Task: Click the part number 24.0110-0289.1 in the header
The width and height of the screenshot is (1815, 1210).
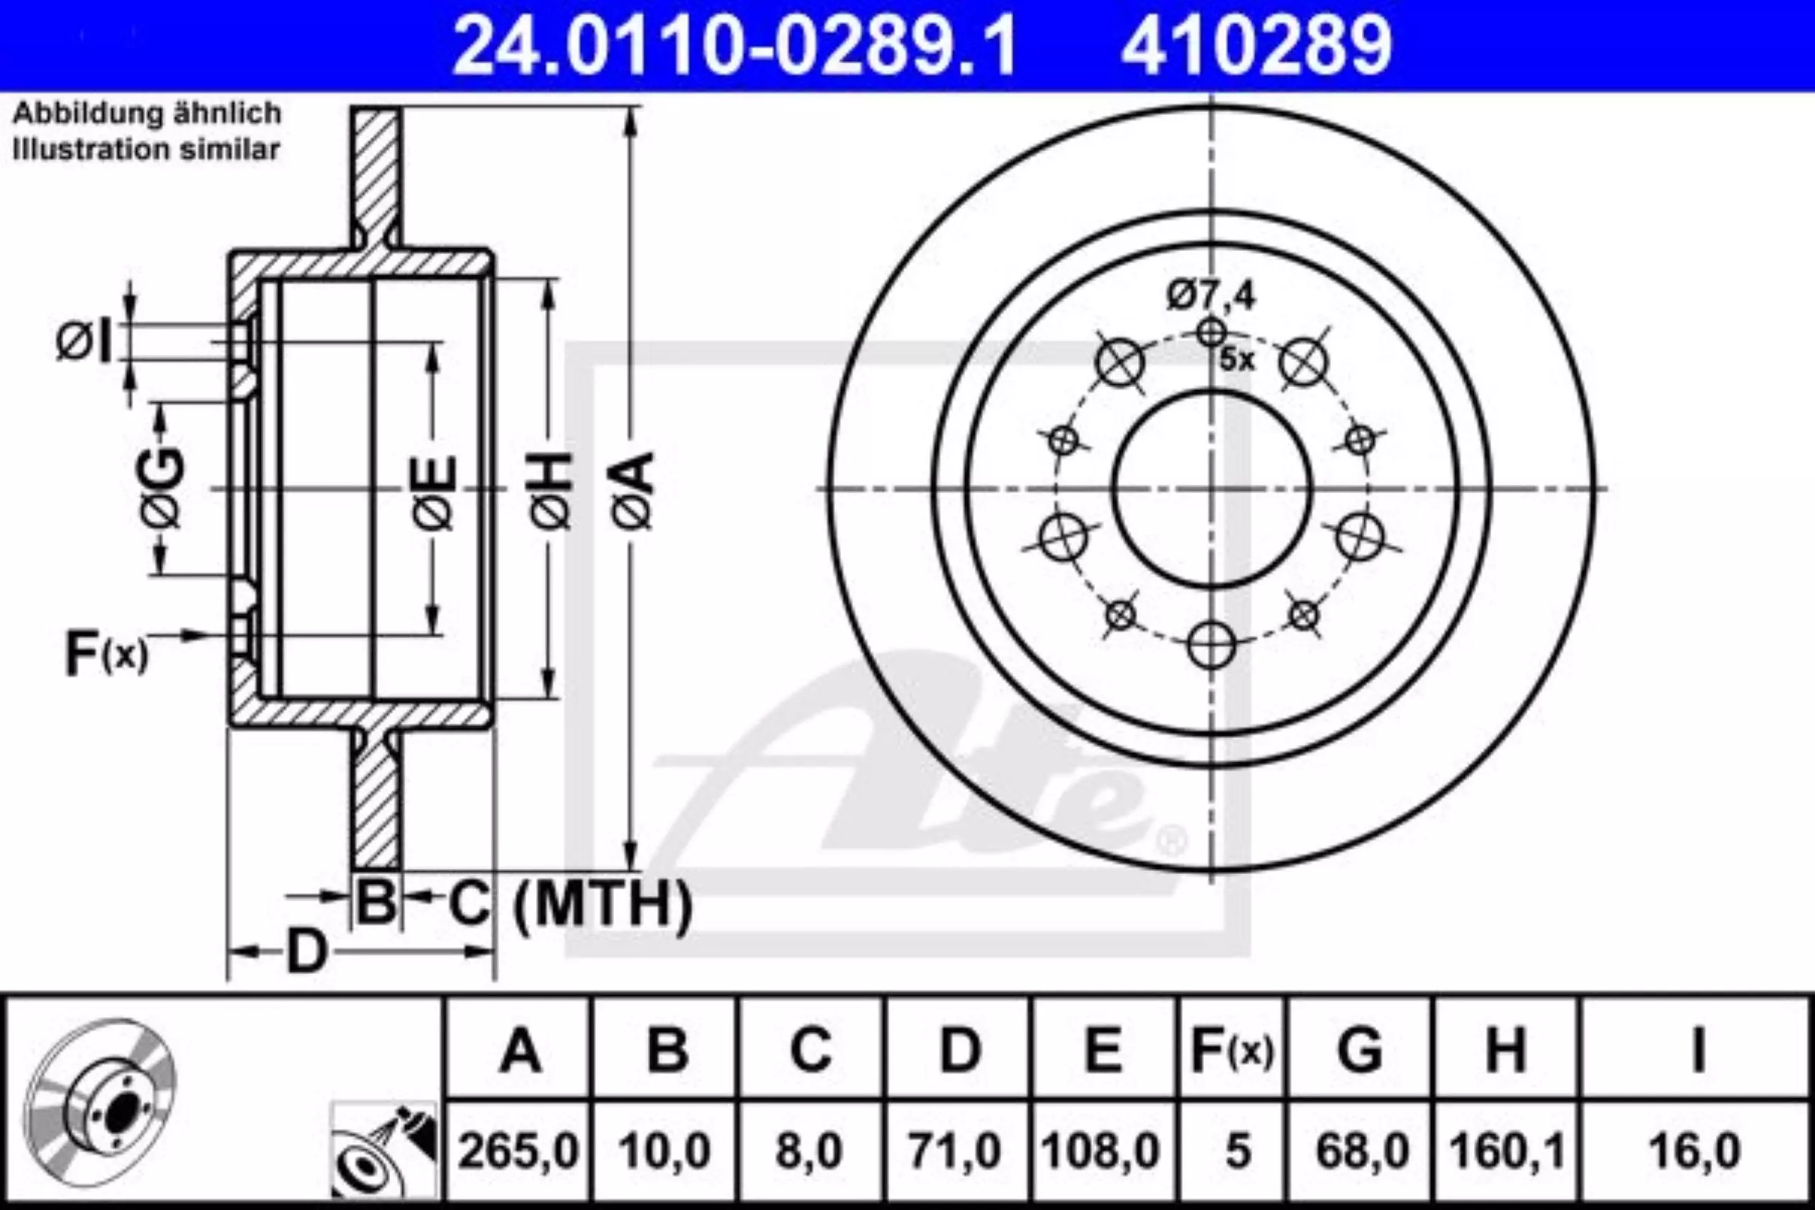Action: pyautogui.click(x=734, y=45)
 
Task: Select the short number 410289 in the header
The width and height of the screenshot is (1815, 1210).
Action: pyautogui.click(x=1256, y=45)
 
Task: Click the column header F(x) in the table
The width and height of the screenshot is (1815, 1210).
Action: pyautogui.click(x=1232, y=1050)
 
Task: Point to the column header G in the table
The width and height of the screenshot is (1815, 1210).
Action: pyautogui.click(x=1361, y=1050)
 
